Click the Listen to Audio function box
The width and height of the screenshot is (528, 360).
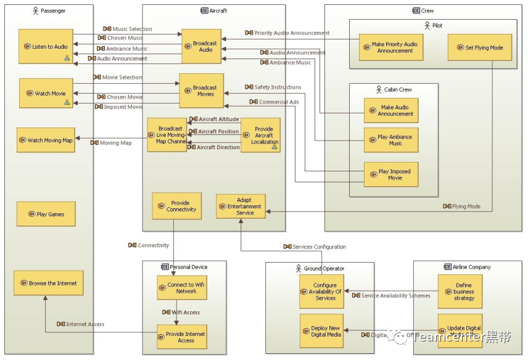[x=46, y=46]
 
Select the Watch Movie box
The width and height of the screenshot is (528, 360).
[x=46, y=93]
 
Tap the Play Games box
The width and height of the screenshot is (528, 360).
[x=46, y=214]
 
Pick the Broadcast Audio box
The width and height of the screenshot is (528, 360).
[x=201, y=46]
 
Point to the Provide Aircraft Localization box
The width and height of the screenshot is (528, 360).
[x=260, y=136]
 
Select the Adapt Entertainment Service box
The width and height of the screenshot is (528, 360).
[x=241, y=207]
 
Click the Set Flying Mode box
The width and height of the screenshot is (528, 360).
[x=480, y=47]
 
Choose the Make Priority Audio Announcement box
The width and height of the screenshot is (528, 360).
[x=391, y=47]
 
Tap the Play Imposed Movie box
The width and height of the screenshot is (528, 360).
[x=391, y=174]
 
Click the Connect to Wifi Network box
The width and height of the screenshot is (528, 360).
[x=182, y=288]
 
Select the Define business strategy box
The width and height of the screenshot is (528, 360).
[x=460, y=292]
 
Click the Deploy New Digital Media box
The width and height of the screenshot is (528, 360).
[x=321, y=331]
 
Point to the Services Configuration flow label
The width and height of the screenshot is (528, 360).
[x=319, y=247]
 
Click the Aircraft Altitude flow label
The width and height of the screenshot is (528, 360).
[x=218, y=119]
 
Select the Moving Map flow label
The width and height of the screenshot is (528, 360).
[x=115, y=142]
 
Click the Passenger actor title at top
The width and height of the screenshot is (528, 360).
[x=53, y=11]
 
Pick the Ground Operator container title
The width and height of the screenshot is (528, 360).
[x=324, y=268]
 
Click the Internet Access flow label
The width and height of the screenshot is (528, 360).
[x=85, y=324]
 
